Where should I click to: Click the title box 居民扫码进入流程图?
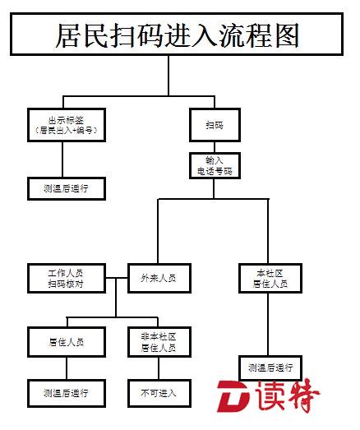pos(177,35)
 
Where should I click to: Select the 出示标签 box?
pos(67,125)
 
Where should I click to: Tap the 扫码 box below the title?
pos(215,125)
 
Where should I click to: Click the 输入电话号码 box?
pos(215,166)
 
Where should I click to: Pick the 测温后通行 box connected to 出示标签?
pos(67,188)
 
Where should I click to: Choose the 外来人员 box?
pos(159,279)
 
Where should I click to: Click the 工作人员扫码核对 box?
pos(67,279)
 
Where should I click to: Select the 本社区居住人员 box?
pos(270,279)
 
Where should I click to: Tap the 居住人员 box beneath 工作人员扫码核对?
pos(67,342)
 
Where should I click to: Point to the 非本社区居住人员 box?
pos(159,342)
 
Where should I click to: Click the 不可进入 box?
pos(159,394)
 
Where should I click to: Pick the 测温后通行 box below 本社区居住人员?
pos(270,368)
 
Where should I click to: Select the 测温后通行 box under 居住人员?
pos(67,394)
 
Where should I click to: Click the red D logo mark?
pos(233,396)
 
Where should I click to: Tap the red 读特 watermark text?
pos(288,395)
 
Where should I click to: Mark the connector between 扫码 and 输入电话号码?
pos(215,147)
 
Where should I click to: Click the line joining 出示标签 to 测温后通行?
pos(62,160)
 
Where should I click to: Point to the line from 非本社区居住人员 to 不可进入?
pos(159,368)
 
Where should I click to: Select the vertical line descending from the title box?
pos(168,76)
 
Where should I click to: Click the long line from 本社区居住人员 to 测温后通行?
pos(268,325)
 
